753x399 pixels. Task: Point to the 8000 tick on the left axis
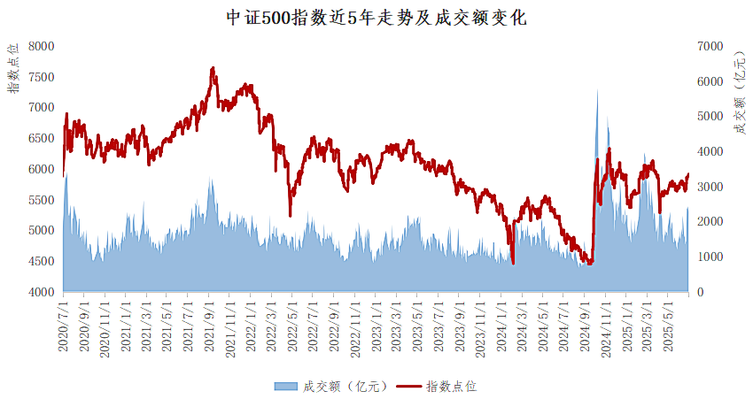(x=41, y=46)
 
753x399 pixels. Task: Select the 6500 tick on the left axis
(x=41, y=139)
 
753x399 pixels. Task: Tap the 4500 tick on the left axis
(x=41, y=262)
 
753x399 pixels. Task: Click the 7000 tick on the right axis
(x=710, y=46)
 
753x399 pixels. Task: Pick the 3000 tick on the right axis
(x=710, y=187)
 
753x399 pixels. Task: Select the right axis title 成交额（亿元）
(x=738, y=93)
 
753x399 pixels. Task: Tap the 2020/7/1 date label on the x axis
(x=63, y=327)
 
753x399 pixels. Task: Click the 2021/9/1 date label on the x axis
(x=211, y=327)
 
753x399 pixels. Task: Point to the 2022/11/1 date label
(x=355, y=327)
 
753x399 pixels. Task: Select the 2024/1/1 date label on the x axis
(x=501, y=327)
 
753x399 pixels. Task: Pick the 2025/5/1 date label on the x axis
(x=669, y=327)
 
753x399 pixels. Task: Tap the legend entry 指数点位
(x=452, y=386)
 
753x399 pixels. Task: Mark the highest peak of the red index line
(x=213, y=67)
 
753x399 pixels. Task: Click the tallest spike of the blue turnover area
(x=596, y=89)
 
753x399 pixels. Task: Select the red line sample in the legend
(x=408, y=386)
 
